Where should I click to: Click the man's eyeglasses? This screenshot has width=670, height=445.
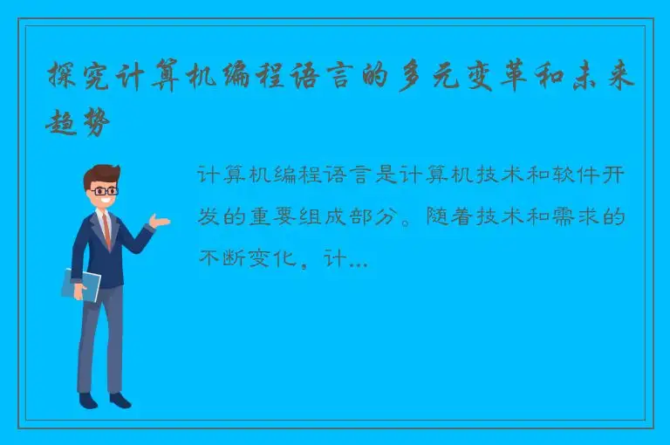pyautogui.click(x=104, y=189)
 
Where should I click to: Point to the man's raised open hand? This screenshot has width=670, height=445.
pyautogui.click(x=159, y=221)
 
